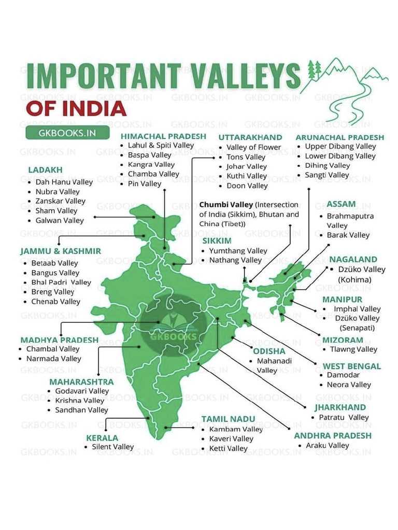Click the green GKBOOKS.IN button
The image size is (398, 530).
click(x=67, y=132)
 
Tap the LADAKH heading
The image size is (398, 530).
click(x=45, y=170)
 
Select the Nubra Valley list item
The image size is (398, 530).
click(x=58, y=192)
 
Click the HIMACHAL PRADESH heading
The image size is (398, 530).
click(x=163, y=136)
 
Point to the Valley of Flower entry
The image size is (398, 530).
click(x=253, y=147)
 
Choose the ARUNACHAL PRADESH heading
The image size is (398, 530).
click(x=340, y=137)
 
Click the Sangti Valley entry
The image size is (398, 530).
click(x=326, y=175)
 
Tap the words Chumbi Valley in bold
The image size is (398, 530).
click(x=226, y=204)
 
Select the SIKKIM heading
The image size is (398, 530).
click(x=217, y=241)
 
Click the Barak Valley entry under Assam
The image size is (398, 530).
click(x=348, y=235)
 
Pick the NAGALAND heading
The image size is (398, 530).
click(x=353, y=259)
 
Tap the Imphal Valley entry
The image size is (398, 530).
click(x=357, y=309)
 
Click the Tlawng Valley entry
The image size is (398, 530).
click(x=353, y=349)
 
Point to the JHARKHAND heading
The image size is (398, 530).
click(x=340, y=407)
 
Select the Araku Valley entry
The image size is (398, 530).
click(x=328, y=445)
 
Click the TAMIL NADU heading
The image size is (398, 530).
click(x=228, y=419)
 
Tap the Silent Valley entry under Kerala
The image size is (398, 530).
click(x=112, y=447)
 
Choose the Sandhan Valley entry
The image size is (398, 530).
click(x=81, y=410)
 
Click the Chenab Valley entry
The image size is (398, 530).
click(x=55, y=301)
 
